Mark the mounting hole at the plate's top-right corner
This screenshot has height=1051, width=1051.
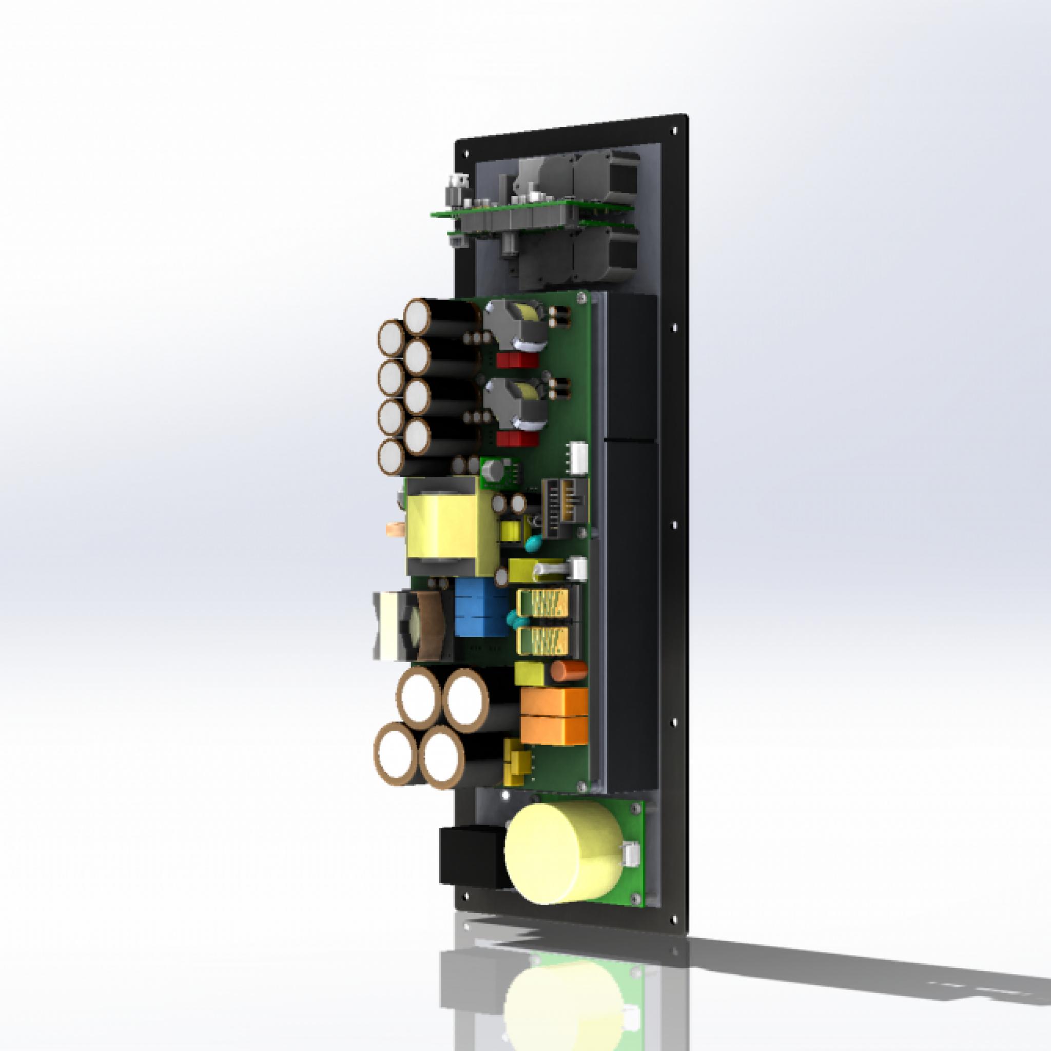(676, 130)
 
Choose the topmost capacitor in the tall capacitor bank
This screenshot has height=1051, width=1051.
(420, 317)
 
